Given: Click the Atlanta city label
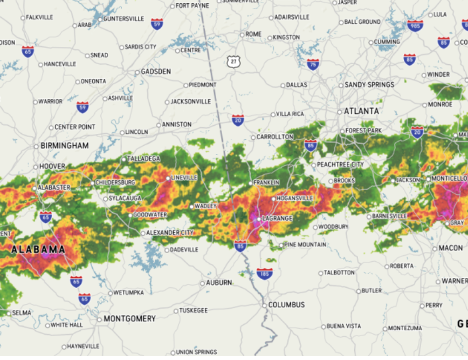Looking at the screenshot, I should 361,111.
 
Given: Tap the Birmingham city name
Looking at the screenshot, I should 65,146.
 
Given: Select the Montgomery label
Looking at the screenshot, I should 129,319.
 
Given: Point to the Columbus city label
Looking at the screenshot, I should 286,305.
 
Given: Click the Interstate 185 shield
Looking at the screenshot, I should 264,274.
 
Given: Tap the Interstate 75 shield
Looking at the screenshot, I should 313,64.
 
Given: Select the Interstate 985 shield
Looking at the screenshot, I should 415,25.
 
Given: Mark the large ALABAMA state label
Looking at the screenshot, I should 38,249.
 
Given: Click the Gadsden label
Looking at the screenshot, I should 156,71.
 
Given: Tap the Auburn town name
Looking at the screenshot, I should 219,283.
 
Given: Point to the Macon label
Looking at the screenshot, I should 450,248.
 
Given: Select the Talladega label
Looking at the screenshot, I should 143,159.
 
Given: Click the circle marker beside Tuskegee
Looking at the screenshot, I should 176,311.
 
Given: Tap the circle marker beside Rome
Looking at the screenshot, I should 242,35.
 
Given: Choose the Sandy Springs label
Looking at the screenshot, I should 369,85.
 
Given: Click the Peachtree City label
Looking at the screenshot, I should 340,165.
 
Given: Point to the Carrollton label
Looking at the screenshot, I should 274,137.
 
